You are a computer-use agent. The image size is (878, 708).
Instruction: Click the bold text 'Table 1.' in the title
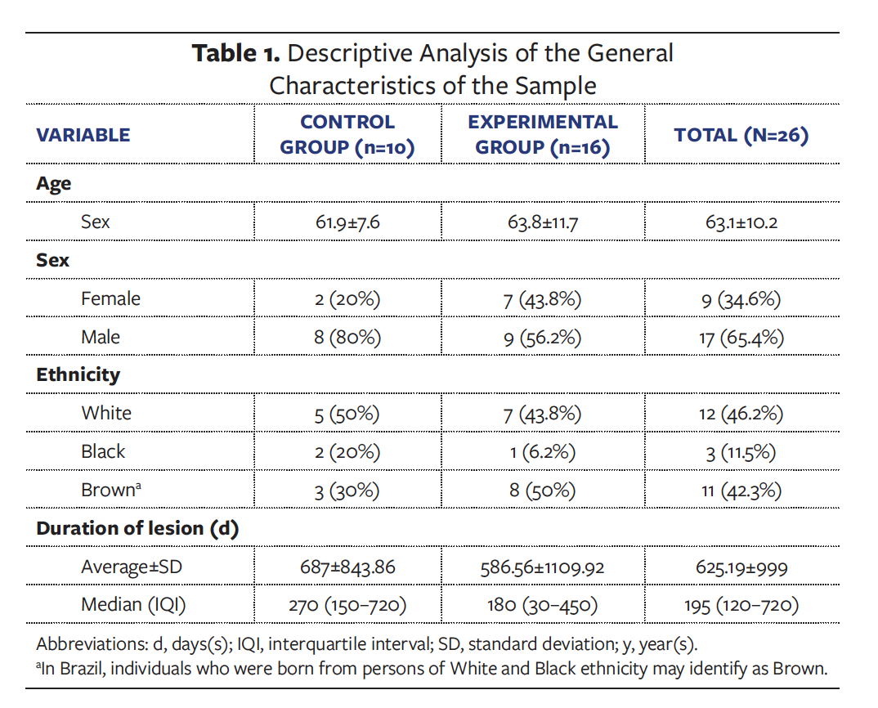pos(236,54)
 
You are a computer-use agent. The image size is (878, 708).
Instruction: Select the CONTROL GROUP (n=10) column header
pos(347,135)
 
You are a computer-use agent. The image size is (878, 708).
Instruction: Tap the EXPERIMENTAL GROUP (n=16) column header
pos(542,135)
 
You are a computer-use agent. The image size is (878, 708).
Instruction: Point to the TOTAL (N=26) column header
pos(741,136)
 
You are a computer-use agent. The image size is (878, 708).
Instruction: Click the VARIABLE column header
pos(83,136)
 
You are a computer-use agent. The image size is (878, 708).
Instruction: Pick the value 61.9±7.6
pos(347,222)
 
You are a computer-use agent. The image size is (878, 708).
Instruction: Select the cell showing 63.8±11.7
pos(542,222)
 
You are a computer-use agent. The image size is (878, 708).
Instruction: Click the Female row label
pos(110,299)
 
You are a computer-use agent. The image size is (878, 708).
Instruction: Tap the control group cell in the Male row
pos(347,338)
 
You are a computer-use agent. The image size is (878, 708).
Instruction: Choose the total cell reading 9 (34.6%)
pos(741,299)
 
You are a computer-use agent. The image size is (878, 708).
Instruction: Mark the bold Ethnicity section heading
pos(78,375)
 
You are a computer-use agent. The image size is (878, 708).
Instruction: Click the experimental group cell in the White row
pos(542,414)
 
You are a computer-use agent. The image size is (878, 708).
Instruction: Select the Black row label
pos(103,451)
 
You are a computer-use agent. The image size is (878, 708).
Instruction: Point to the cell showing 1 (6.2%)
pos(542,451)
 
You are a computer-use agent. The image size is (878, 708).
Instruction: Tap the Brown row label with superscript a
pos(110,490)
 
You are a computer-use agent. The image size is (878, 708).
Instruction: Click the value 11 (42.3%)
pos(741,491)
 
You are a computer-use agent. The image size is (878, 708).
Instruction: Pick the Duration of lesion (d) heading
pos(137,528)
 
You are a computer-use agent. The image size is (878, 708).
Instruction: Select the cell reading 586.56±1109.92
pos(542,567)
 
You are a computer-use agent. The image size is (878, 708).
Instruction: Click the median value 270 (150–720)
pos(347,605)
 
